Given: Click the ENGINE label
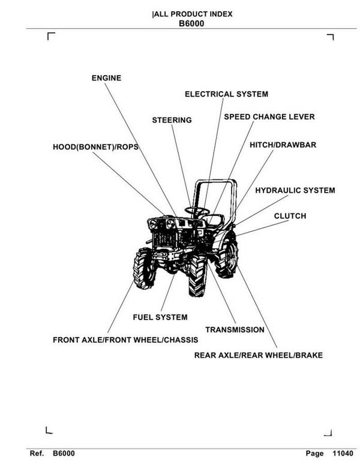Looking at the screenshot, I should pos(106,78).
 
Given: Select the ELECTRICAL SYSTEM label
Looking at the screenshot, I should pos(226,94).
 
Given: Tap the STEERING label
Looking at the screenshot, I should pos(172,121).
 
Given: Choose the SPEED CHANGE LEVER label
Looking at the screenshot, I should pos(269,116).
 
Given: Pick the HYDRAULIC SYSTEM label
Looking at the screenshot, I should pos(295,191).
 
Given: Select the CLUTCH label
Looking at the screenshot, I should pos(290,216).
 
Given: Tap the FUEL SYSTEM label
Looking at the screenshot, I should pos(160,317).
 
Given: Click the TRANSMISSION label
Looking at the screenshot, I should pos(235,330).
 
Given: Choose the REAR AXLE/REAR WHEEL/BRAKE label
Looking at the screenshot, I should pos(258,355).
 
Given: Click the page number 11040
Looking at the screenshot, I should pos(341,455).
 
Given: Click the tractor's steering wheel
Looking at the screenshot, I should pos(196,210).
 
